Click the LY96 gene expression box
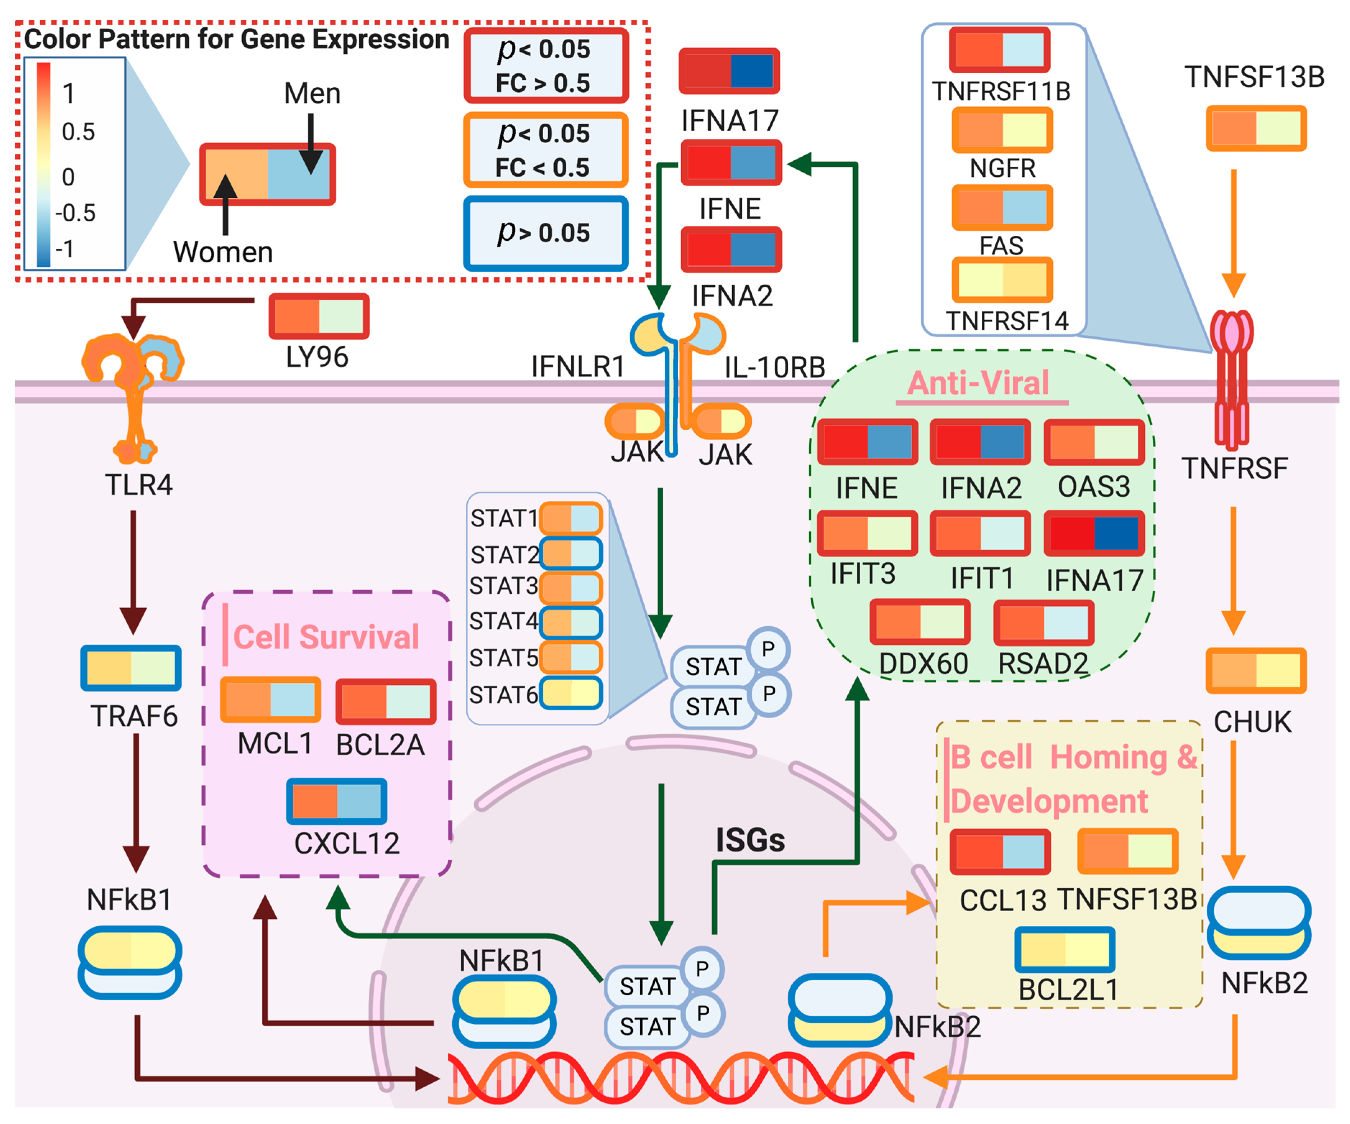pos(319,316)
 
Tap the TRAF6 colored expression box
pos(130,667)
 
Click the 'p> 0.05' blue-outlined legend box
pos(545,233)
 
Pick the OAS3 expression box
pos(1093,442)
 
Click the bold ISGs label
pos(750,840)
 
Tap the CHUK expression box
pos(1255,670)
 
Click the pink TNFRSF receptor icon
pos(1231,379)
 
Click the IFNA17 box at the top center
pos(729,71)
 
